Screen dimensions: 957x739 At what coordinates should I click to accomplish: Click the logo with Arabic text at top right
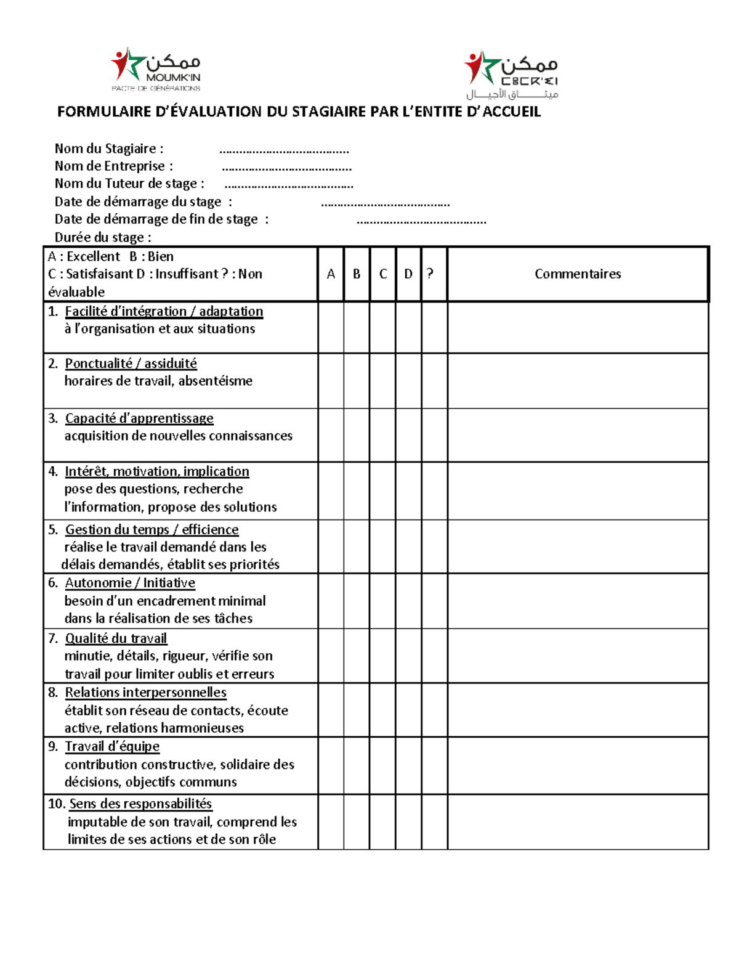(x=511, y=75)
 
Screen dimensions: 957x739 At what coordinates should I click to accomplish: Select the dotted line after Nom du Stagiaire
(x=284, y=150)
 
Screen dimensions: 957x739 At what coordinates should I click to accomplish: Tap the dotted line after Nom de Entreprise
(x=286, y=167)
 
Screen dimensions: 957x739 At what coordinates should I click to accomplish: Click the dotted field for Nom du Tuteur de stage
(x=289, y=184)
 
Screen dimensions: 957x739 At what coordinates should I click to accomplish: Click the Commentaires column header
(x=578, y=274)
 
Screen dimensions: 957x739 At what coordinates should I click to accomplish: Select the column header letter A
(x=331, y=274)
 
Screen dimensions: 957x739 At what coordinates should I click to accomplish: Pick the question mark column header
(x=430, y=274)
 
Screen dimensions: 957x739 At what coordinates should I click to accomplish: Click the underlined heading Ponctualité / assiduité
(x=131, y=364)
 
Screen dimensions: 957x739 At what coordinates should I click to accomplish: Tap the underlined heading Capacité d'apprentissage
(x=139, y=418)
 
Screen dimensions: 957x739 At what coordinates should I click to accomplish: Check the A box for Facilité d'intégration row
(x=331, y=327)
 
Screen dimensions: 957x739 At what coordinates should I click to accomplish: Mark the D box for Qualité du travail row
(x=408, y=656)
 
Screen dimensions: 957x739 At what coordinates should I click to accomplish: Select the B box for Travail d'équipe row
(x=357, y=765)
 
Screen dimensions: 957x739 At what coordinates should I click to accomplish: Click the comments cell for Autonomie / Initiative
(x=578, y=601)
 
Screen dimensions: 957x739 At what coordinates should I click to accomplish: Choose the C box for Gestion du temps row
(x=382, y=547)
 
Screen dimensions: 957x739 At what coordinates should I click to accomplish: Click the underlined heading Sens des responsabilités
(x=140, y=804)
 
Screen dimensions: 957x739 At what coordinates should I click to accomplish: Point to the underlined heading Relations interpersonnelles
(x=146, y=693)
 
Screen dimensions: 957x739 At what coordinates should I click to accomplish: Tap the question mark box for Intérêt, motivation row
(x=434, y=491)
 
